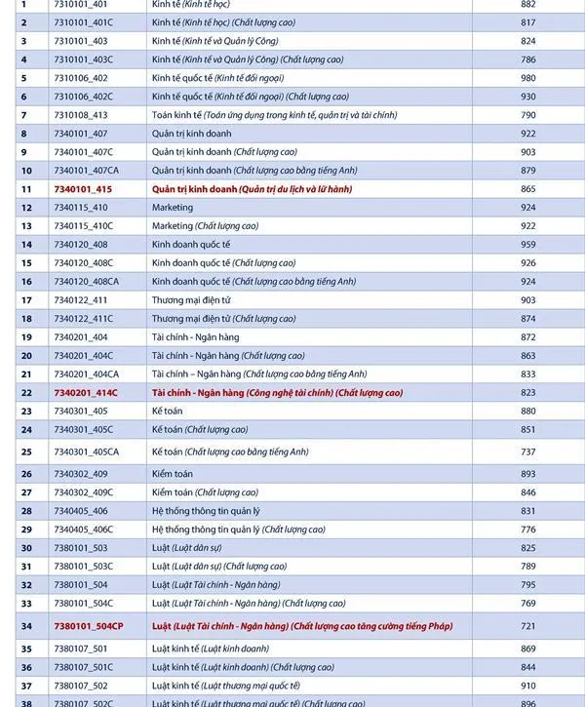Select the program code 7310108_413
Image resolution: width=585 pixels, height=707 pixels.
click(81, 115)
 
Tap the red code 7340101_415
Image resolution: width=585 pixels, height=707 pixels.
click(83, 189)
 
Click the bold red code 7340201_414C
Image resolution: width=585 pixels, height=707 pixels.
click(86, 393)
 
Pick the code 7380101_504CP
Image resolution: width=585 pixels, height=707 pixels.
click(89, 626)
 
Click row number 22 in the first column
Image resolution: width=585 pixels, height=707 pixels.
click(26, 393)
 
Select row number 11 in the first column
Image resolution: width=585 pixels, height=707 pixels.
click(26, 189)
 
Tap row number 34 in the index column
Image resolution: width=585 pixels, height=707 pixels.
click(26, 626)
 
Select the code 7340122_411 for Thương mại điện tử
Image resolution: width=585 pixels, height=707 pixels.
click(81, 300)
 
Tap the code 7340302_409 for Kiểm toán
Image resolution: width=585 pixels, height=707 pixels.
click(81, 474)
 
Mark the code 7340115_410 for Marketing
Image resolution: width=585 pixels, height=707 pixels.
click(81, 208)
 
